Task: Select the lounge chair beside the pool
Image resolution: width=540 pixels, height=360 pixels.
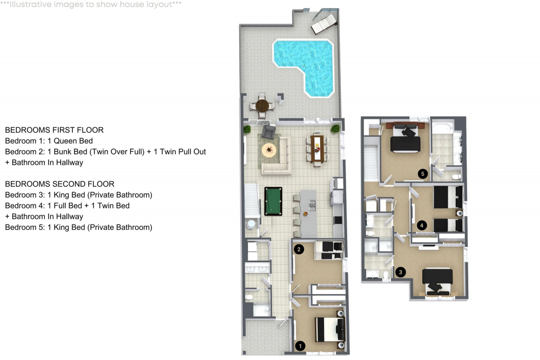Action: [323, 23]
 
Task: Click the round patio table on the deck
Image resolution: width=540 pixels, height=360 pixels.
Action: [262, 105]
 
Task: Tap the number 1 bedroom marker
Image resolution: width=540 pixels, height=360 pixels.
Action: [301, 345]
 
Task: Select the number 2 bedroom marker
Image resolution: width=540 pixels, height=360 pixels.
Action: [299, 249]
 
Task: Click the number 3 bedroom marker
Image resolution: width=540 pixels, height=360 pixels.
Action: [400, 272]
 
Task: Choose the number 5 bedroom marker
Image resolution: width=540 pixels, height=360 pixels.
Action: [423, 174]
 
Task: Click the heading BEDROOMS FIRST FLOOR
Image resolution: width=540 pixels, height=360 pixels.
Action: [54, 130]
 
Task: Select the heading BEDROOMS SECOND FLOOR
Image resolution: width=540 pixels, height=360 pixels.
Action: [59, 184]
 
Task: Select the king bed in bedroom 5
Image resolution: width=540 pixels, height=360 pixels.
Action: [404, 139]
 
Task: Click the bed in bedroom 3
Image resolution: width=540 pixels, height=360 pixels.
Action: [437, 281]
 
